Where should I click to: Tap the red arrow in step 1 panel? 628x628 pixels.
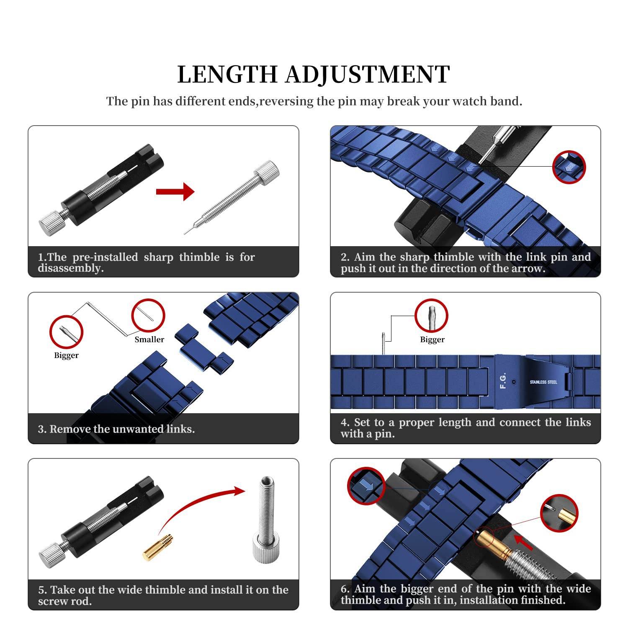click(x=175, y=192)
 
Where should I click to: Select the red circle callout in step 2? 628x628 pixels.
click(x=569, y=167)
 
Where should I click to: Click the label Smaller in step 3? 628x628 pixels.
click(x=149, y=340)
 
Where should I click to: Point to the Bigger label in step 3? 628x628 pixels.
click(x=66, y=355)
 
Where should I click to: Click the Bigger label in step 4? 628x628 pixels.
click(x=432, y=340)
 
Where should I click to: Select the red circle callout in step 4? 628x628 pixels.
click(x=431, y=316)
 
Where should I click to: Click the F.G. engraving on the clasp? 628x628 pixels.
click(x=503, y=380)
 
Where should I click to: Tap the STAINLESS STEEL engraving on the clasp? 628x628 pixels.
click(x=543, y=382)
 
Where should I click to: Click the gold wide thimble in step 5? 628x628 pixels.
click(x=158, y=547)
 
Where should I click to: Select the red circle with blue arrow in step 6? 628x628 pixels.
click(x=366, y=486)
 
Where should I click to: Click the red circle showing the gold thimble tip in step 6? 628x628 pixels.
click(x=559, y=513)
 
